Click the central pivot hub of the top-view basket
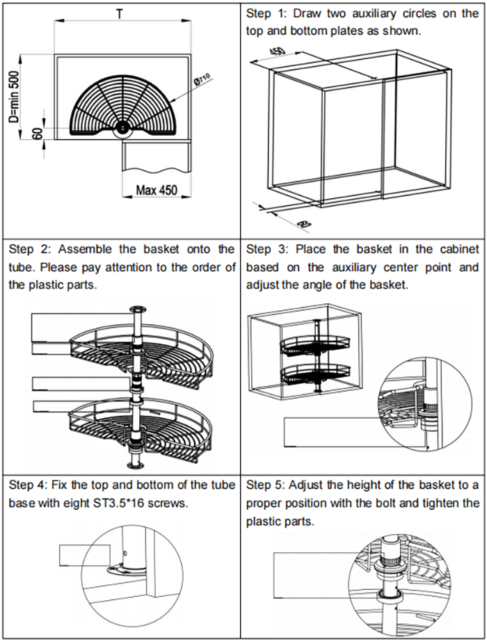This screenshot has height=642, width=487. [x=122, y=127]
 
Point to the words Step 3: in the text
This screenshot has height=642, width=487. [x=266, y=249]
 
